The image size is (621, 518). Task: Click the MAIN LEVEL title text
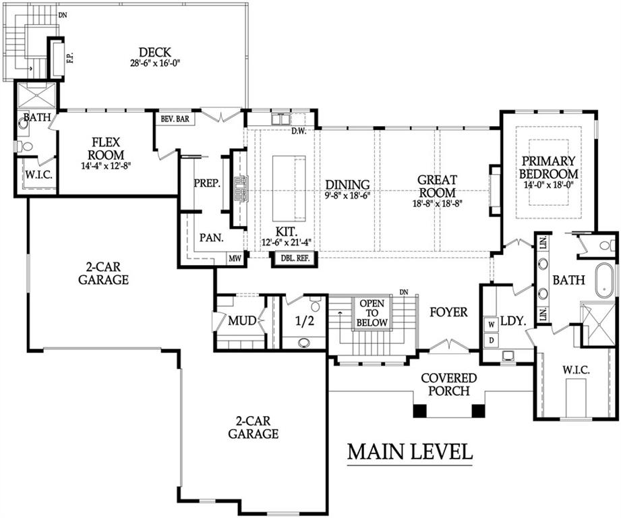410,452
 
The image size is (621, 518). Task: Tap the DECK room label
155,53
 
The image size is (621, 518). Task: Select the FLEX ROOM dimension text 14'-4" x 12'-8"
106,166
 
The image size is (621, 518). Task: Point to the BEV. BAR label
175,119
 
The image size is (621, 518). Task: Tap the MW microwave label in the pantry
235,259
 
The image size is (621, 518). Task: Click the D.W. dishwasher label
299,131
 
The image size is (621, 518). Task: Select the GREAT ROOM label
437,186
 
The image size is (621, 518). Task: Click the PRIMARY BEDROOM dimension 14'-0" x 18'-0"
549,185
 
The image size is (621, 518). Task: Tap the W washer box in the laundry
492,324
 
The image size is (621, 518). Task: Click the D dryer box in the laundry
492,340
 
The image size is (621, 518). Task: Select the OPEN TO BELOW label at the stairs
372,313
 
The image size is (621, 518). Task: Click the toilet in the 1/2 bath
316,304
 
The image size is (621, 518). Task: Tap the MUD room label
242,321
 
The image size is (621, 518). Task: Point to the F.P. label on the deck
71,57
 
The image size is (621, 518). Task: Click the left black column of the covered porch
420,411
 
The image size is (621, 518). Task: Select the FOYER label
448,312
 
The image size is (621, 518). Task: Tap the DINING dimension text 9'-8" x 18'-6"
347,196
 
